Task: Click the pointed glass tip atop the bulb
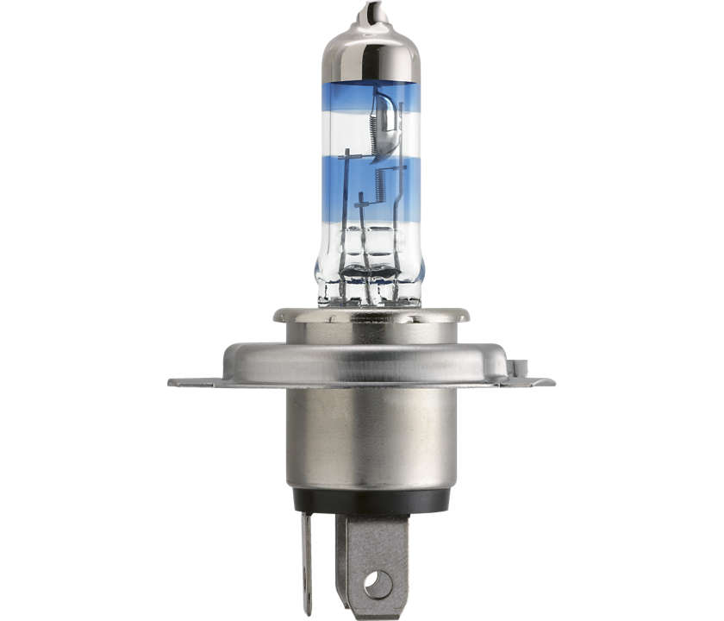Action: tap(370, 12)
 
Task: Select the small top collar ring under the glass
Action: tap(371, 316)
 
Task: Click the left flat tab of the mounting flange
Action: tap(194, 382)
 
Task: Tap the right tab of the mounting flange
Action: tap(534, 380)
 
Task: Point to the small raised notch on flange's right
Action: tap(515, 367)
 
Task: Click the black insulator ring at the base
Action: tap(371, 500)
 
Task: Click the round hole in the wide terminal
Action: tap(378, 584)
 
